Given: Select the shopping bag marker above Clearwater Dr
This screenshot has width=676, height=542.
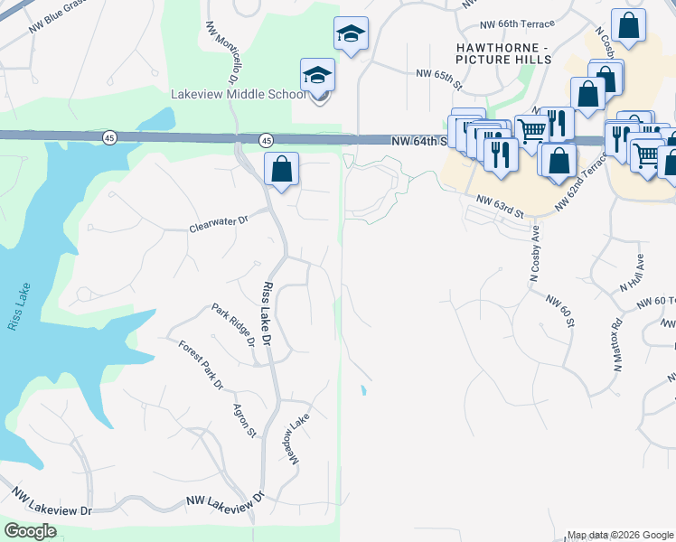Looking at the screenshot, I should point(282,168).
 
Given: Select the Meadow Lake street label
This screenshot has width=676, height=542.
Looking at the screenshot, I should point(299,439).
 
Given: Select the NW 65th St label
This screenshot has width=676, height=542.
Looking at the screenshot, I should point(438,80).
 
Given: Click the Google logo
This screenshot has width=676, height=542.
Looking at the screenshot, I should point(30,531).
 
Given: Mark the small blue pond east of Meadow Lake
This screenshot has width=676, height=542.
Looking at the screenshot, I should point(363,391).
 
